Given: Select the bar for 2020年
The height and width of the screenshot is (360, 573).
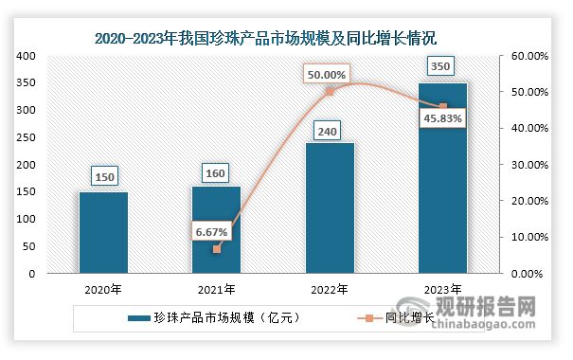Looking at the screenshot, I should click(x=103, y=232).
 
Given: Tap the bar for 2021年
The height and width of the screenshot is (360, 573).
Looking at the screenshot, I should click(x=216, y=229).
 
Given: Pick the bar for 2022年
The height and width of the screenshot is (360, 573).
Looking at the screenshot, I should click(x=330, y=208).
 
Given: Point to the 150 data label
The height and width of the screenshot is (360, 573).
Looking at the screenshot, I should click(x=103, y=175).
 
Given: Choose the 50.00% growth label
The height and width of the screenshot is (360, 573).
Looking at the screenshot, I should click(x=325, y=73).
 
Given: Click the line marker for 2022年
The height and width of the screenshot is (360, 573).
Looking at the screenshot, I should click(x=330, y=92).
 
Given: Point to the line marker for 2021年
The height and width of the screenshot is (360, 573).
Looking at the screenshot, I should click(x=216, y=249).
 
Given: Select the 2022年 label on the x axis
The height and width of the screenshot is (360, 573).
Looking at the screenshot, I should click(x=330, y=289).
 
